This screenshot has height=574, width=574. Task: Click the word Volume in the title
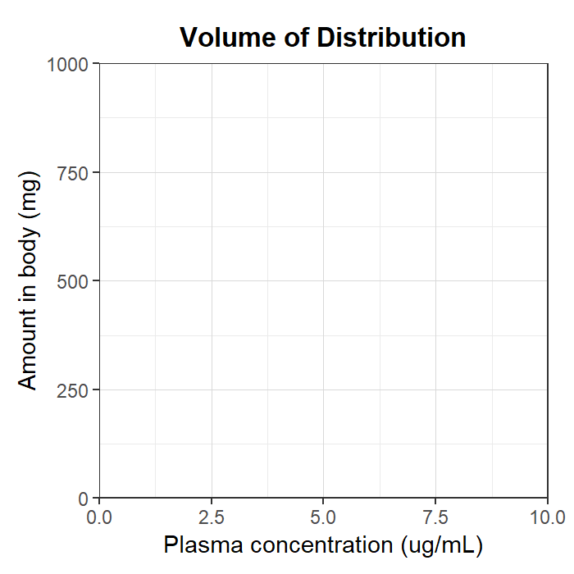(x=228, y=38)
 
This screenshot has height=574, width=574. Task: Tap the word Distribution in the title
(x=391, y=38)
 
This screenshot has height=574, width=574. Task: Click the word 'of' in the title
(x=297, y=38)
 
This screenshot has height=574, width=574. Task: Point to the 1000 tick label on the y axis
(x=68, y=65)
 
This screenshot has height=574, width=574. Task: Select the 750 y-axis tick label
(x=73, y=173)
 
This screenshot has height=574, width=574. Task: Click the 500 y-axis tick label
(x=73, y=282)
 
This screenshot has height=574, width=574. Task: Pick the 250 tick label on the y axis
(x=73, y=390)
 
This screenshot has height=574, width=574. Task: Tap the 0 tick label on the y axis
(x=84, y=499)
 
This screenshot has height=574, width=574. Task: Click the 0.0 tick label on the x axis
(x=99, y=517)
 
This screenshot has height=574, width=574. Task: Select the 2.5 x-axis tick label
(x=212, y=517)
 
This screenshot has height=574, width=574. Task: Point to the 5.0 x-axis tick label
(x=323, y=517)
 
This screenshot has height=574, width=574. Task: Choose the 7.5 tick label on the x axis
(x=435, y=517)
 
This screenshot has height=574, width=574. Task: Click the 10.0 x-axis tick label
(x=548, y=517)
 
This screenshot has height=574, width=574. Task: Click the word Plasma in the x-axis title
(x=203, y=544)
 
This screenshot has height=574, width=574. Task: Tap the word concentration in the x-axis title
(x=321, y=545)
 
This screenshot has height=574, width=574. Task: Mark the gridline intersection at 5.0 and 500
(x=323, y=280)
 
